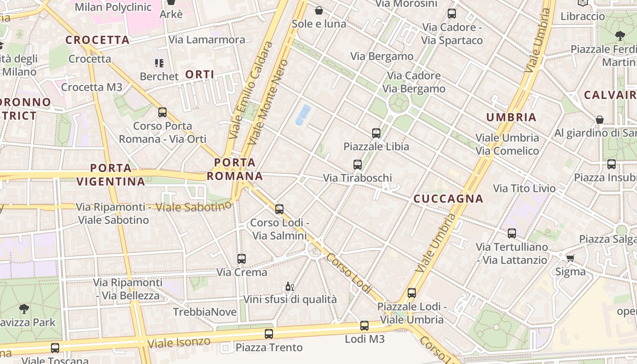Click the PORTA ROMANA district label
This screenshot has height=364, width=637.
click(235, 169)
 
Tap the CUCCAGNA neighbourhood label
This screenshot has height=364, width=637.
click(448, 199)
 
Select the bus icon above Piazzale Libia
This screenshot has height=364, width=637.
click(376, 133)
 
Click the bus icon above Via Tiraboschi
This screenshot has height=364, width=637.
click(358, 165)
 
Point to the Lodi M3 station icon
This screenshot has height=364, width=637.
click(364, 326)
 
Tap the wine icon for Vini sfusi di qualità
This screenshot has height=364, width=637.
click(289, 287)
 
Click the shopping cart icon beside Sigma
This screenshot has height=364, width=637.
click(570, 258)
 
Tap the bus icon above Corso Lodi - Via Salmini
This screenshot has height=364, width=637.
click(279, 209)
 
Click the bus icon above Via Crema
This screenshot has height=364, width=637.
click(242, 259)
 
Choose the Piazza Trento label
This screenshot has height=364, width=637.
click(269, 348)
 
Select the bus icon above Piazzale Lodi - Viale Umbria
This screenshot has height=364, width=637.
click(412, 293)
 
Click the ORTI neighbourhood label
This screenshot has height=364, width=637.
click(200, 75)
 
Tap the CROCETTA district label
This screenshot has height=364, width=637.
click(97, 40)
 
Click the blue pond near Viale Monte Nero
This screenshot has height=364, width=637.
click(303, 114)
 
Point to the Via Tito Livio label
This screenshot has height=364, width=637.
click(524, 188)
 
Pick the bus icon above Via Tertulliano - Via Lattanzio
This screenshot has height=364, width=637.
click(512, 233)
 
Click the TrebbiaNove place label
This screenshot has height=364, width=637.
click(205, 312)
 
